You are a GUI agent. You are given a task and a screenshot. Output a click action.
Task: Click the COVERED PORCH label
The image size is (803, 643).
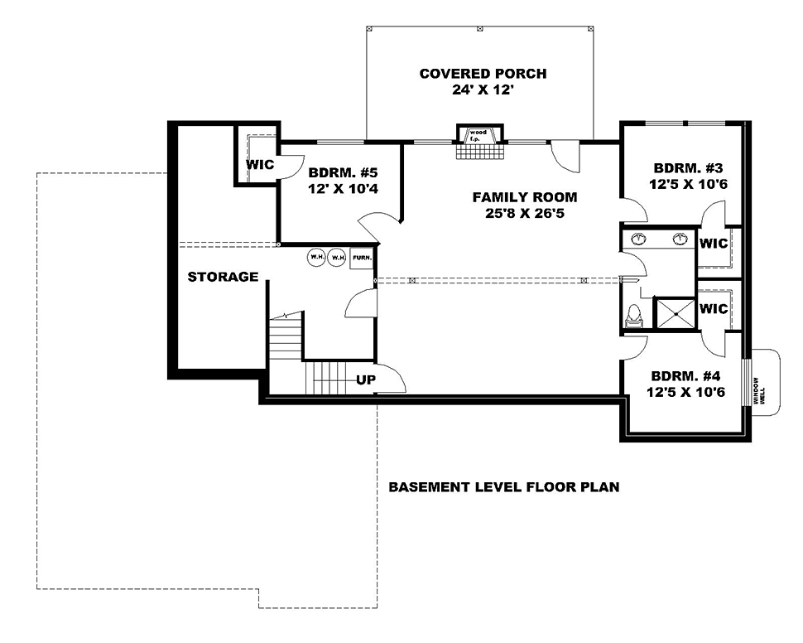click(483, 74)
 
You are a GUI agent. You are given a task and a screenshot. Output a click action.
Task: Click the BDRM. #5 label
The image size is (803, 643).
click(343, 174)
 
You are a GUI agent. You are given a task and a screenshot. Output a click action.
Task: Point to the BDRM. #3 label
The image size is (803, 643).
click(687, 166)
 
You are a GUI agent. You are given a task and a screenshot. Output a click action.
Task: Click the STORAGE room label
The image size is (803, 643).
click(223, 277)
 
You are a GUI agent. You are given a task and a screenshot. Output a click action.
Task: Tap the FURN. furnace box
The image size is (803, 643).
click(362, 258)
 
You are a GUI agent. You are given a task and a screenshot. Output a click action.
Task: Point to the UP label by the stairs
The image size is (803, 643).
click(366, 380)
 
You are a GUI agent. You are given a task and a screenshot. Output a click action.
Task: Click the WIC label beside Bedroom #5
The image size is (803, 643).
click(259, 165)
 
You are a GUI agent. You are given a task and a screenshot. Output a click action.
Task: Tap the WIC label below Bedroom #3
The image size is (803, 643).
click(713, 244)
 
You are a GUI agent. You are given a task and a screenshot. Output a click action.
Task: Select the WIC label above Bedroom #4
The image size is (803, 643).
click(713, 309)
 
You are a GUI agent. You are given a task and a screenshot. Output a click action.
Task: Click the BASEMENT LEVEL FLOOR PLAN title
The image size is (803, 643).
click(504, 487)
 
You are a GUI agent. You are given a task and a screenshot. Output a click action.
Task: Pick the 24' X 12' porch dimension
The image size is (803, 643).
click(483, 91)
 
